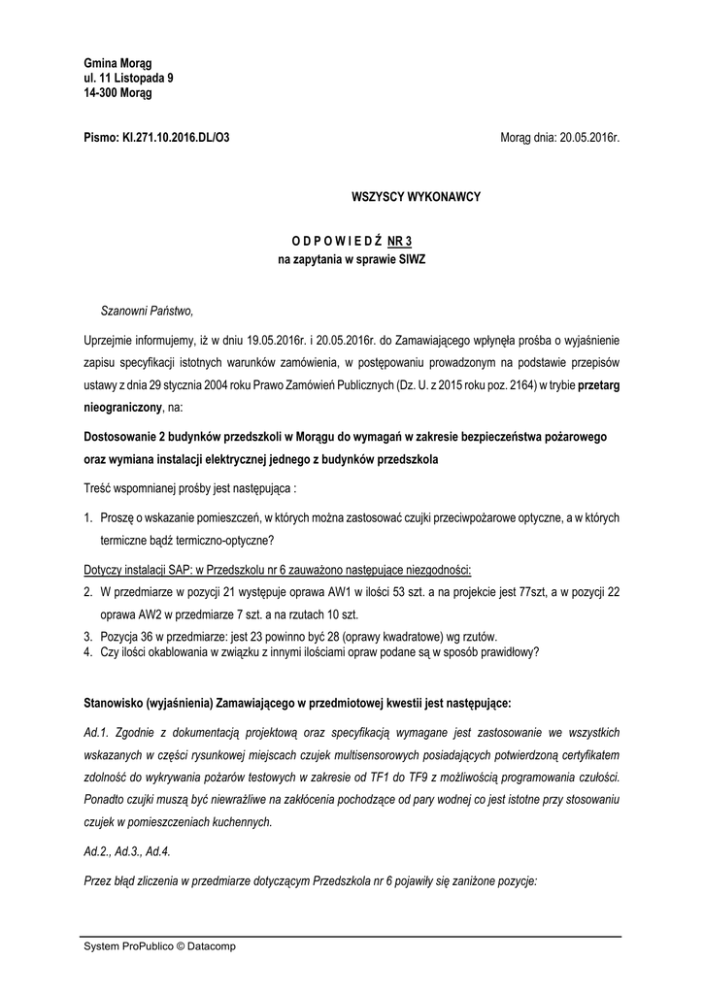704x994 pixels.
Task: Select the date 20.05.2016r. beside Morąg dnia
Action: coord(588,139)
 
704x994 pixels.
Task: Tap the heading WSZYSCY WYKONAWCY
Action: coord(416,197)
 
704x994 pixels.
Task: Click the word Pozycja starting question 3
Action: coord(122,636)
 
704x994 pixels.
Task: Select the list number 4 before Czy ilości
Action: coord(87,653)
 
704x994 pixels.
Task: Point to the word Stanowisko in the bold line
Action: coord(116,701)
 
